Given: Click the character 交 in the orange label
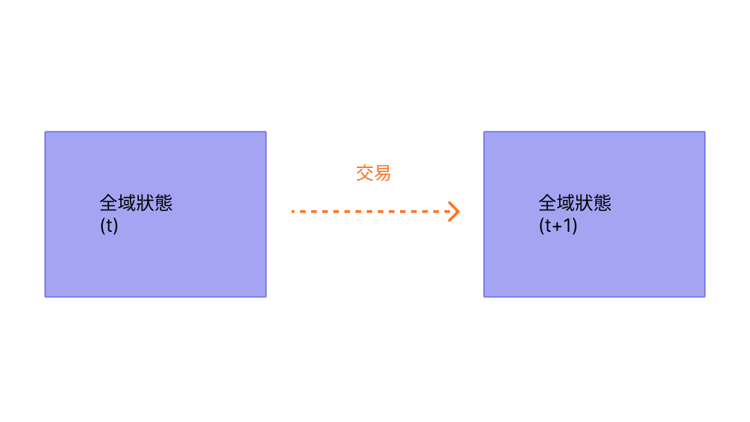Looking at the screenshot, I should pyautogui.click(x=365, y=173).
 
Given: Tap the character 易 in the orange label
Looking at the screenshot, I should pyautogui.click(x=383, y=173).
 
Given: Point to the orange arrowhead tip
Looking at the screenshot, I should pyautogui.click(x=458, y=211).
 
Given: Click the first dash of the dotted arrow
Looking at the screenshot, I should pyautogui.click(x=294, y=211).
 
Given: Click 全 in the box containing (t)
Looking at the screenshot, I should pyautogui.click(x=109, y=203).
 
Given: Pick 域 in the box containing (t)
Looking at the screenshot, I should pyautogui.click(x=127, y=203).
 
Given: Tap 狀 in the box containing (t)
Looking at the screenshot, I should pyautogui.click(x=145, y=203).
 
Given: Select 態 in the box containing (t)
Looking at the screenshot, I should pyautogui.click(x=163, y=203).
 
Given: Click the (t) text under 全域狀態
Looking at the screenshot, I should pyautogui.click(x=109, y=226).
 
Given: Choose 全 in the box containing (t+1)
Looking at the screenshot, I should pyautogui.click(x=548, y=203).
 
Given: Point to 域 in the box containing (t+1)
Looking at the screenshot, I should pyautogui.click(x=566, y=203).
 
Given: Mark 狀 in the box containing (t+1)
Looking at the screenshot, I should pyautogui.click(x=584, y=203).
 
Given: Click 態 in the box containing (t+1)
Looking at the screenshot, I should pyautogui.click(x=602, y=203).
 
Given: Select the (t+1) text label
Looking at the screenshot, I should pyautogui.click(x=558, y=226).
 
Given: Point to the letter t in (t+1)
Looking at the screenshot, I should pyautogui.click(x=547, y=226).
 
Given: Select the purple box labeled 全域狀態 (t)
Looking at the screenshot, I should pyautogui.click(x=156, y=264).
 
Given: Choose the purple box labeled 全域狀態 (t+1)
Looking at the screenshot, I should pyautogui.click(x=594, y=264).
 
